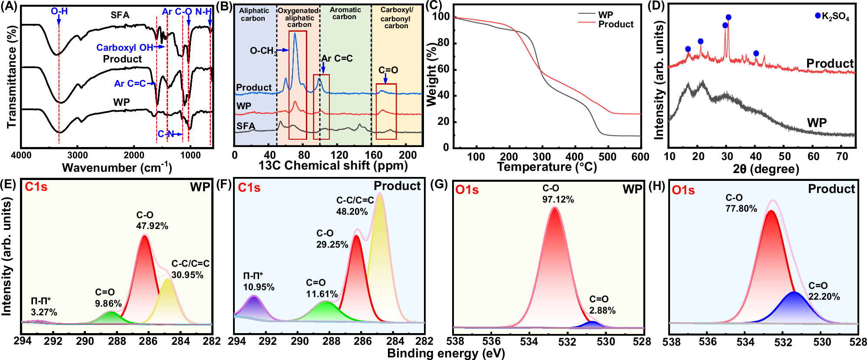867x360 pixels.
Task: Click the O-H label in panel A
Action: [x=59, y=11]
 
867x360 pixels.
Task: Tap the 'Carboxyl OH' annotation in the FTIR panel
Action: [x=124, y=47]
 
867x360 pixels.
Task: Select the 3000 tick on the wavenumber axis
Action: [x=78, y=155]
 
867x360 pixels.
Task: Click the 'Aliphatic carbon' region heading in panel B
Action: [x=254, y=14]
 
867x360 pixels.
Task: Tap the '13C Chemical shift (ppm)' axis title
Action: [x=333, y=166]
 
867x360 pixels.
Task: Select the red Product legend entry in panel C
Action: [x=615, y=24]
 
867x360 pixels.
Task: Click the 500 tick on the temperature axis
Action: [x=607, y=157]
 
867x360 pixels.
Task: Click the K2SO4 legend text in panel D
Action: [x=835, y=16]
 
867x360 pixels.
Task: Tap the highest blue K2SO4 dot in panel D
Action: [x=728, y=17]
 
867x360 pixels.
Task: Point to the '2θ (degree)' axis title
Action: [x=765, y=169]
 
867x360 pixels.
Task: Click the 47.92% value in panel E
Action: [x=152, y=226]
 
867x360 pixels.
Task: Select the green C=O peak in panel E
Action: [x=111, y=317]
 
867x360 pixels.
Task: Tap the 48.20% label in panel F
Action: [x=351, y=212]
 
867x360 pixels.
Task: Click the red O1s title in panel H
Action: [x=683, y=190]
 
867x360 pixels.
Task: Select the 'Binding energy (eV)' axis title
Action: [x=446, y=353]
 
